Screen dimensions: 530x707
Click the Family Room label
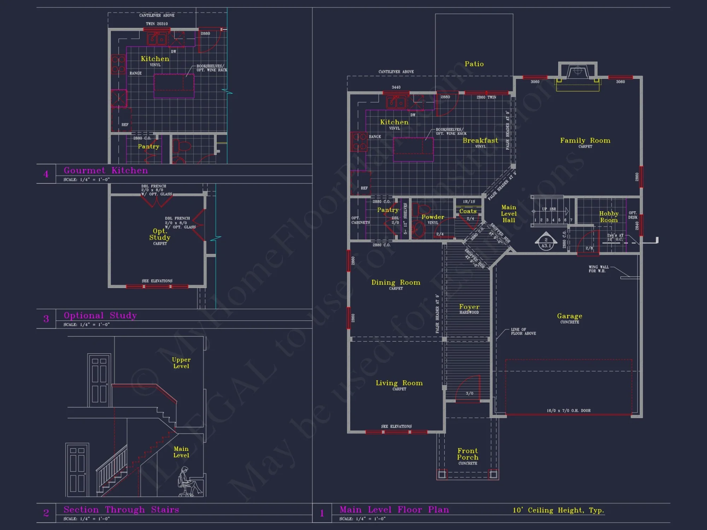(x=585, y=141)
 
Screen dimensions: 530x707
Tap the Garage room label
(x=569, y=316)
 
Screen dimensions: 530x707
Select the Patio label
(x=474, y=64)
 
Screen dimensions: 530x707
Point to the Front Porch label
(x=468, y=454)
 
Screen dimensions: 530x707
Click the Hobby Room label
(x=609, y=217)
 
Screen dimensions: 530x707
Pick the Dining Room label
(x=396, y=283)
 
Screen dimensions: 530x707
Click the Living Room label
(x=399, y=383)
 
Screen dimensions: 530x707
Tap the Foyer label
(x=469, y=307)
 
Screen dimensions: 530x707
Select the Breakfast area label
(x=480, y=141)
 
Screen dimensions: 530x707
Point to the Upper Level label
(x=181, y=363)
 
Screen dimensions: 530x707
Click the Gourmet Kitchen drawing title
(x=106, y=170)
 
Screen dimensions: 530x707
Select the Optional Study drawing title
(x=100, y=315)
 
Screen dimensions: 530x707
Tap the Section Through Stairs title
(x=121, y=510)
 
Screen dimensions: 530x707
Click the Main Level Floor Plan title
(x=394, y=510)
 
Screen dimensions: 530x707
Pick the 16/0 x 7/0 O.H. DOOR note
(x=568, y=411)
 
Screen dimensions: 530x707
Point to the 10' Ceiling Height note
(x=559, y=510)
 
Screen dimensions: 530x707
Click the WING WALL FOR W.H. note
(x=598, y=269)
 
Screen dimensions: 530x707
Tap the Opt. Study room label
(x=160, y=234)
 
